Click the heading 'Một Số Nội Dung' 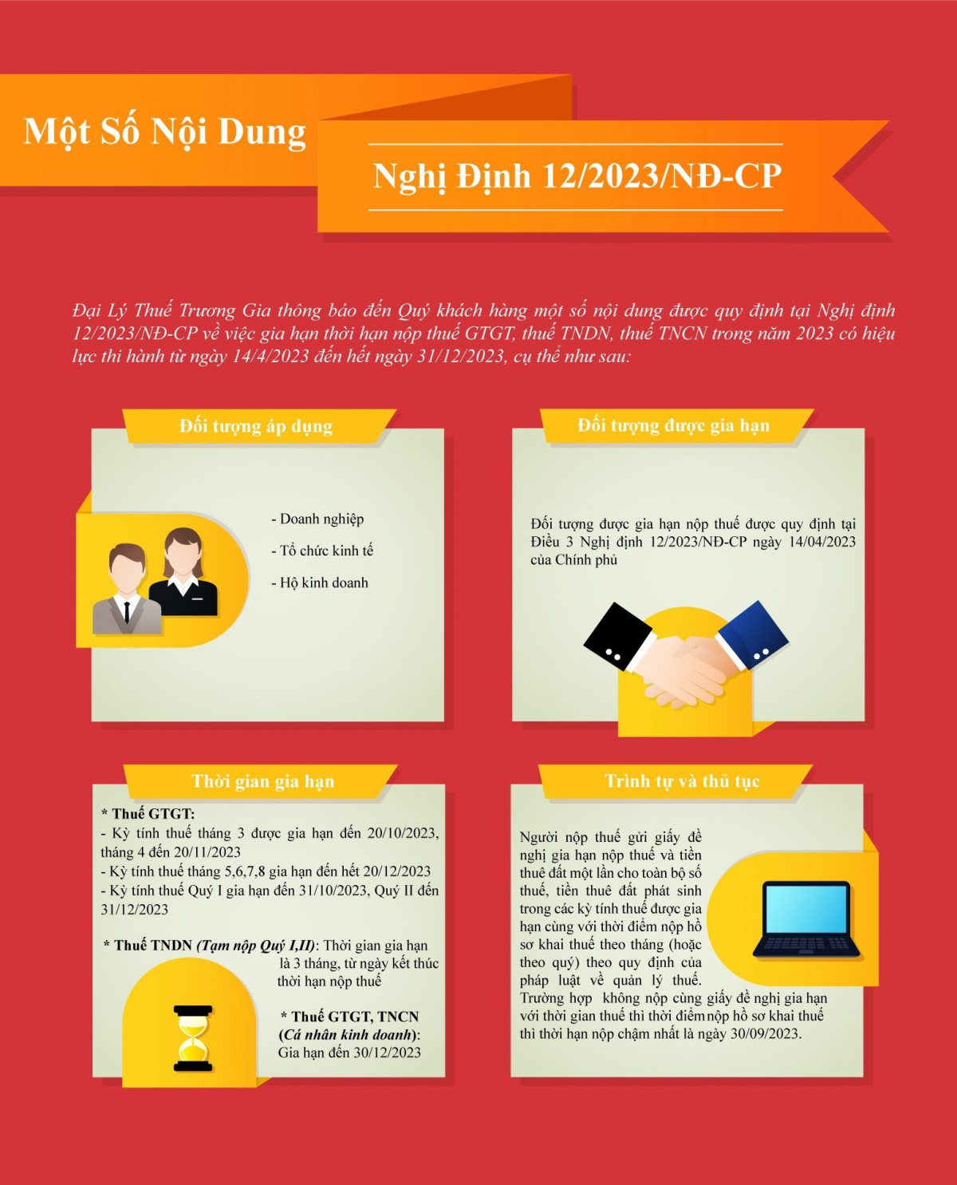(164, 132)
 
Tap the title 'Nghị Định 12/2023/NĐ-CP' (577, 177)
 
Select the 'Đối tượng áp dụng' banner (256, 426)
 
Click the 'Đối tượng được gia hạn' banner (673, 425)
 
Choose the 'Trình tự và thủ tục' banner (682, 781)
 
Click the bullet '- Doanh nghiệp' (317, 519)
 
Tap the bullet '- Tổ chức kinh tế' (322, 551)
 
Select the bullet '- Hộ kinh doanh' (320, 583)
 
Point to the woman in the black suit (183, 573)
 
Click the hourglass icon (192, 1038)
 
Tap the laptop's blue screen (805, 910)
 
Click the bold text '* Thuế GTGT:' (148, 814)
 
